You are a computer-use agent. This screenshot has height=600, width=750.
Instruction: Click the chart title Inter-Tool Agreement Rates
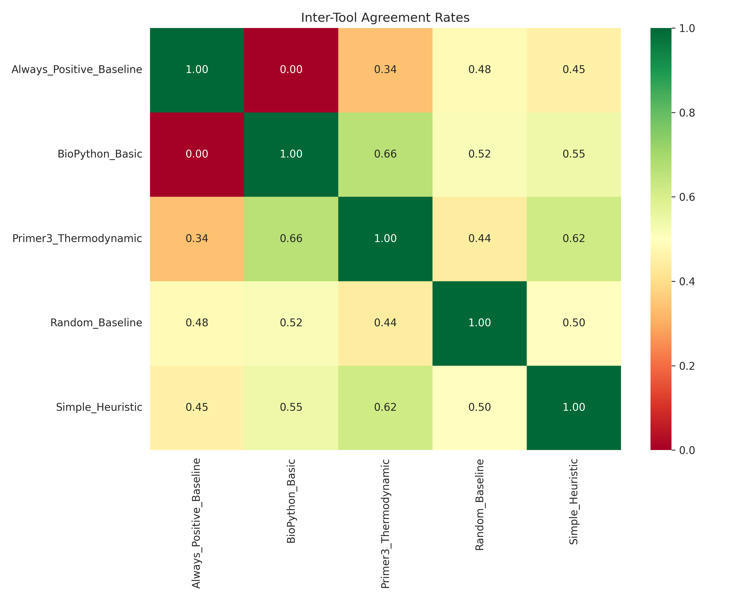pyautogui.click(x=385, y=17)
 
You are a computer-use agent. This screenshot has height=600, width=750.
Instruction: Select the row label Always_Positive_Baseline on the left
pyautogui.click(x=77, y=69)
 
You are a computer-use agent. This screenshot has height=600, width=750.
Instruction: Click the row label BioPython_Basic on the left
pyautogui.click(x=100, y=154)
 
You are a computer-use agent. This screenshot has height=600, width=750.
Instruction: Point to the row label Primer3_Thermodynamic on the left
pyautogui.click(x=77, y=238)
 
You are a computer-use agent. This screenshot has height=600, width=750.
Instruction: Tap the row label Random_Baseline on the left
pyautogui.click(x=96, y=323)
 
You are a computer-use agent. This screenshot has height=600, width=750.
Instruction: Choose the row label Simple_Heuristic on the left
pyautogui.click(x=99, y=407)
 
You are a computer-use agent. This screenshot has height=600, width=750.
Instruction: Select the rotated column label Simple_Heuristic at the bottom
pyautogui.click(x=574, y=501)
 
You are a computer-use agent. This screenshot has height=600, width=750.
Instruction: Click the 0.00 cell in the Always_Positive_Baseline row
pyautogui.click(x=291, y=69)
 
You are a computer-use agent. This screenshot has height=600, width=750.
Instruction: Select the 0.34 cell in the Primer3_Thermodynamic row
pyautogui.click(x=197, y=238)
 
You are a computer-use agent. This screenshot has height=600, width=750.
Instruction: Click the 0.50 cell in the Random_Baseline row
pyautogui.click(x=574, y=323)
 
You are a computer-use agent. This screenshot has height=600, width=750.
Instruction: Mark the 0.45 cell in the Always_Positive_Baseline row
pyautogui.click(x=574, y=69)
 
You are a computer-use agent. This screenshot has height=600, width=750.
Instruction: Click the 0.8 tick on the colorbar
pyautogui.click(x=687, y=113)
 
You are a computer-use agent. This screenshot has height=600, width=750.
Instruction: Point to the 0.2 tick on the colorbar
pyautogui.click(x=687, y=366)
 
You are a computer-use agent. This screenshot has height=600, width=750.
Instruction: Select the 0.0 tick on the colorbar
pyautogui.click(x=687, y=450)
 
